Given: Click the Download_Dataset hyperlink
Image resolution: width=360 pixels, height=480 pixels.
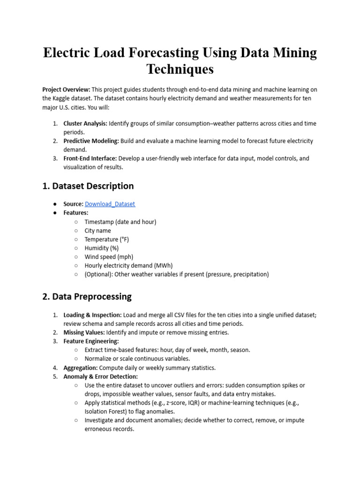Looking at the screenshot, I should coord(110,204).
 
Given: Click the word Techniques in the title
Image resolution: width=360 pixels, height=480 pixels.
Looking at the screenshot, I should coord(180,69).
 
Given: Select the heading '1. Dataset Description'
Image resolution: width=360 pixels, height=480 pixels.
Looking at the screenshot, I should coord(88,186).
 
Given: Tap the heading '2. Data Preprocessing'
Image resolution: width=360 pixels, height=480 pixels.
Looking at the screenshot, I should coord(87,297).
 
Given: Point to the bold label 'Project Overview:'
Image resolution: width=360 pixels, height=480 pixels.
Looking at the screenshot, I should coord(66,90).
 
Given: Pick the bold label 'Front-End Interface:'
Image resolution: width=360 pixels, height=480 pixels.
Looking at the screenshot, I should coord(90,158).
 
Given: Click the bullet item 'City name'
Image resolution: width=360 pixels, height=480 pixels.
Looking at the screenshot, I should coord(97,231).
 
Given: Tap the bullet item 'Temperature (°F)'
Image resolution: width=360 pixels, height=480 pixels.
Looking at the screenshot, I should coord(106,239).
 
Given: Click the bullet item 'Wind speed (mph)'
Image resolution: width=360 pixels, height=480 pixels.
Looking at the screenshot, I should coord(109,257).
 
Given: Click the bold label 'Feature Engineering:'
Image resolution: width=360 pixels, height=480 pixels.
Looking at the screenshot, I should coord(91,341).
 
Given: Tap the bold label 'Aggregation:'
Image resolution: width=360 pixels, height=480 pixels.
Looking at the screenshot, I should coord(81,368).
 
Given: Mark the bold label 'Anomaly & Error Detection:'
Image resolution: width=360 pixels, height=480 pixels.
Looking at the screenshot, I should coord(100,376).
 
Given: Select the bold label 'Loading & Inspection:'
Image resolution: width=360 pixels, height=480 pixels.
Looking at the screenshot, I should coord(92,315).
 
